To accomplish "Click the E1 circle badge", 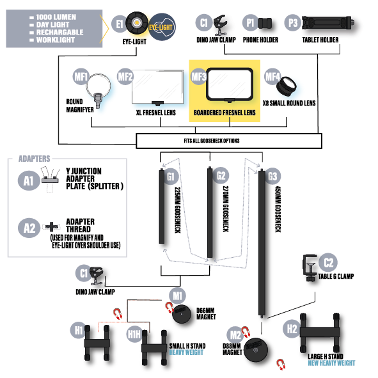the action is pyautogui.click(x=119, y=24).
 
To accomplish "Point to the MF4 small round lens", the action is pyautogui.click(x=286, y=86).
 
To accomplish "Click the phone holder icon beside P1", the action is pyautogui.click(x=265, y=24).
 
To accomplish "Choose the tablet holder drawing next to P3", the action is pyautogui.click(x=328, y=23).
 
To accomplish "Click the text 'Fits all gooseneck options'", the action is pyautogui.click(x=212, y=141).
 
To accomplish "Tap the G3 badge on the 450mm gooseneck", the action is pyautogui.click(x=272, y=177).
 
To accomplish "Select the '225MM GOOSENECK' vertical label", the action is pyautogui.click(x=178, y=210).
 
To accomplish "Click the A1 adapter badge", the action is pyautogui.click(x=28, y=180).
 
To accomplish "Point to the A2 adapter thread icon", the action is pyautogui.click(x=51, y=227).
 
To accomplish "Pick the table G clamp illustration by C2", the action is pyautogui.click(x=310, y=267).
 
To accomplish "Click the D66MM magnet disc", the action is pyautogui.click(x=182, y=313).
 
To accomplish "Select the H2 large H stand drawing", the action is pyautogui.click(x=320, y=333).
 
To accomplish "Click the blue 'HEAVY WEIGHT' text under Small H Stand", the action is pyautogui.click(x=186, y=352).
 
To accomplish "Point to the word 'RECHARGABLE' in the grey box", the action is pyautogui.click(x=59, y=33).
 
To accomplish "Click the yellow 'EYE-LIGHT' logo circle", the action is pyautogui.click(x=162, y=27).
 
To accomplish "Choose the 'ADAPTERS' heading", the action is pyautogui.click(x=35, y=159).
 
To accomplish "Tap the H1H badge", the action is pyautogui.click(x=134, y=335).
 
